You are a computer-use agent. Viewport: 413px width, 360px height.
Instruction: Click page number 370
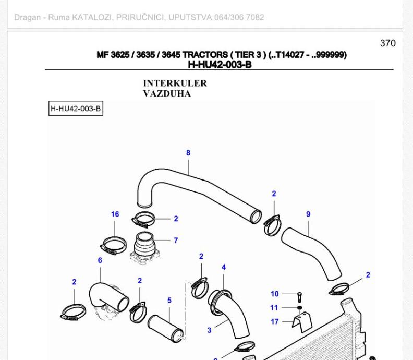point(387,43)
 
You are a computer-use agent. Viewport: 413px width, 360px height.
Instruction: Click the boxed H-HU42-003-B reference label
point(76,109)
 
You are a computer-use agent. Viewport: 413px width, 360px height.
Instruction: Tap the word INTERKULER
point(175,83)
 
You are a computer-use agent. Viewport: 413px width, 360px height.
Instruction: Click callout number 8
point(188,153)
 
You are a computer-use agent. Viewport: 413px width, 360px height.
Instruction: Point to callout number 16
point(115,214)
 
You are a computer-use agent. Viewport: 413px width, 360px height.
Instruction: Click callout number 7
point(176,241)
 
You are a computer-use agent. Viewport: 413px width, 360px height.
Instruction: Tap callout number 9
point(308,214)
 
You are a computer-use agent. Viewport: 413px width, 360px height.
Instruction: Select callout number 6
point(100,260)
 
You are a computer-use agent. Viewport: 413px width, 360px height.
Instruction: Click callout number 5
point(169,301)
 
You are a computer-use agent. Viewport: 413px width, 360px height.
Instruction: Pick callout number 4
point(224,267)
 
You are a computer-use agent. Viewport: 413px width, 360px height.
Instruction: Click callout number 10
point(275,294)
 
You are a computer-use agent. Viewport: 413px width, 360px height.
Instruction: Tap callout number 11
point(275,307)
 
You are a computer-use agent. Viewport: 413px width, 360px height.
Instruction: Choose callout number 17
point(275,321)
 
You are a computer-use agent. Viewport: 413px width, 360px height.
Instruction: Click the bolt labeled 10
point(299,296)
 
